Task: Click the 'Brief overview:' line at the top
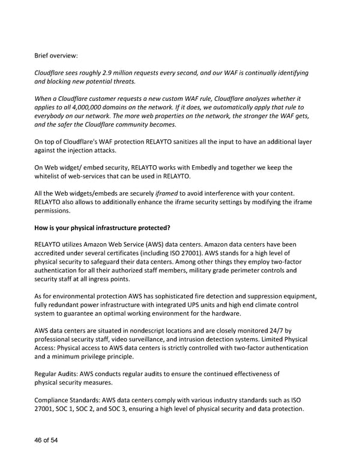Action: pos(56,56)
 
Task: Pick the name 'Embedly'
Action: pos(226,168)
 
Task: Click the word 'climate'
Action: pos(255,304)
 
